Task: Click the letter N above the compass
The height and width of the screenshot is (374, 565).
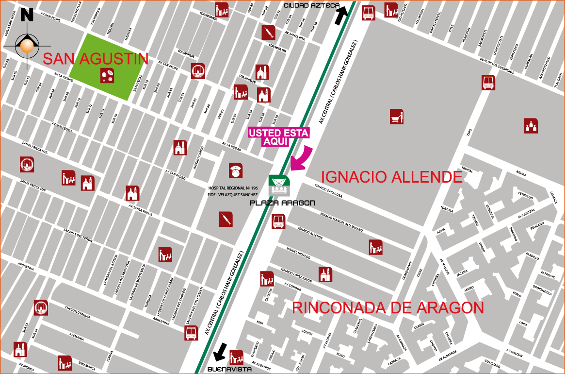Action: [27, 15]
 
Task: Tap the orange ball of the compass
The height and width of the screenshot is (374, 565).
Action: [27, 47]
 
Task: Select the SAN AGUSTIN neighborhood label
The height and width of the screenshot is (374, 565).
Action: [96, 59]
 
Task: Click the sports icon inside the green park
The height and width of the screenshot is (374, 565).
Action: [107, 75]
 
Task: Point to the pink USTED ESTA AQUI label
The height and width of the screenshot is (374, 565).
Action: [278, 137]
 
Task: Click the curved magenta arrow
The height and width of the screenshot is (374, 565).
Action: [302, 158]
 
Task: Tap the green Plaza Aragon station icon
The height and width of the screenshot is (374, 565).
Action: [279, 186]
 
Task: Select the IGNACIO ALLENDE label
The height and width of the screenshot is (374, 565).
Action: [392, 177]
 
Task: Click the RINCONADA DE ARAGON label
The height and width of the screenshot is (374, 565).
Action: [388, 308]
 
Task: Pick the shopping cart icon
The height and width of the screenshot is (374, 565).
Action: [397, 117]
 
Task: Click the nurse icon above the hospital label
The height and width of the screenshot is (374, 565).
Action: [236, 170]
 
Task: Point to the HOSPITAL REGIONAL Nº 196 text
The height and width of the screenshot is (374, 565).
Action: [232, 187]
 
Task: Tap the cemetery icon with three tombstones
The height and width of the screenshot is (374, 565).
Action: [531, 125]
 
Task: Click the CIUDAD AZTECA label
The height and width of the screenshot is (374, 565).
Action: [311, 5]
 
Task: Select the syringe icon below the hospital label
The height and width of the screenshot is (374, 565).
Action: [226, 219]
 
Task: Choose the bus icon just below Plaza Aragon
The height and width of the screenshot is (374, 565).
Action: [278, 221]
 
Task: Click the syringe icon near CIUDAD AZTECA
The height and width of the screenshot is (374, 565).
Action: [269, 33]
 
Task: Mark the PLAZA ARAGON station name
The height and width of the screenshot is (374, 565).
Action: [282, 203]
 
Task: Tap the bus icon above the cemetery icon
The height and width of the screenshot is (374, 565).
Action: [488, 83]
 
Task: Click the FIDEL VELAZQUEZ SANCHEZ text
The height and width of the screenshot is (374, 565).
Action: [233, 194]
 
